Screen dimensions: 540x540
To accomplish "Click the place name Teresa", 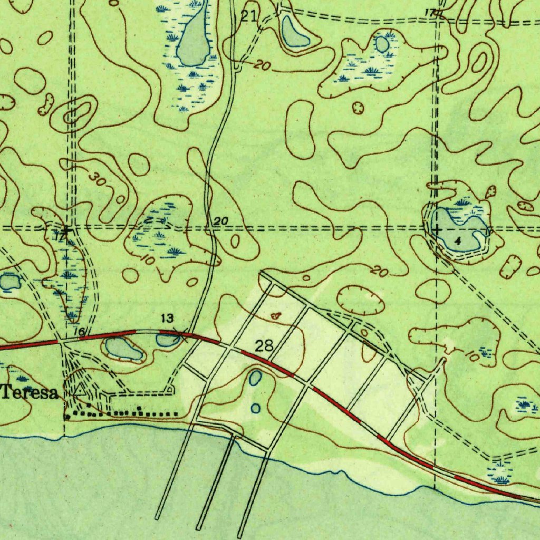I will (30, 393).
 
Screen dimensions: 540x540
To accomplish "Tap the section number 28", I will (264, 346).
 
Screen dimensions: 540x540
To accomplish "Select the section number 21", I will (248, 16).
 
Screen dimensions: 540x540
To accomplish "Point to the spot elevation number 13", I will (167, 318).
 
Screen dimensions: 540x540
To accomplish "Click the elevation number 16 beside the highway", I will (80, 331).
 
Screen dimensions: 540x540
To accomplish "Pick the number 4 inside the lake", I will (457, 241).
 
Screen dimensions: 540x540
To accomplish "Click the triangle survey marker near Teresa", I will (79, 391).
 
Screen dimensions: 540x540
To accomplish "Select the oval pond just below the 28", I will (256, 378).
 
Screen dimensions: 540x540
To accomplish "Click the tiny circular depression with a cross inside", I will (359, 108).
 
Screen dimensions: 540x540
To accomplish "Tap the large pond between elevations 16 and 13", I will (124, 349).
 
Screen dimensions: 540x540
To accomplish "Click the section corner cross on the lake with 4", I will (437, 229).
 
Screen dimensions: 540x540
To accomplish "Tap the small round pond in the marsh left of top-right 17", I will (382, 44).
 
